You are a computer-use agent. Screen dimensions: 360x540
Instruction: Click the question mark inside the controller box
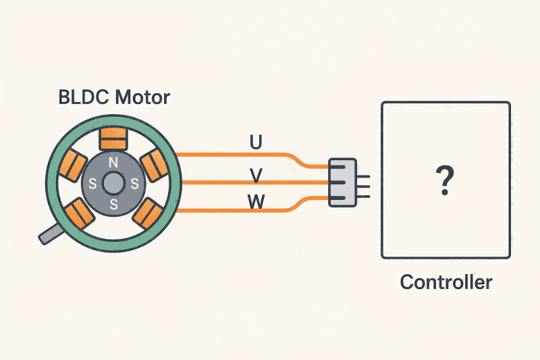tap(445, 181)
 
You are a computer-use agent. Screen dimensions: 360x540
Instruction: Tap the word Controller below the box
tap(446, 282)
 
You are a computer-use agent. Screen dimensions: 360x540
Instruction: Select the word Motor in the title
tap(141, 97)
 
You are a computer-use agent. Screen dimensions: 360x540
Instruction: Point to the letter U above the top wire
tap(256, 143)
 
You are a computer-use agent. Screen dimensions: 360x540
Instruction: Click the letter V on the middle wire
tap(256, 176)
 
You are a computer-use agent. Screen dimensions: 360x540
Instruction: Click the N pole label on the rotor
tap(113, 163)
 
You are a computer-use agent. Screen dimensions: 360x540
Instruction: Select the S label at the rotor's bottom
tap(113, 203)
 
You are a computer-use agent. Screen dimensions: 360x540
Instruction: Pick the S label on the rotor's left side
tap(93, 182)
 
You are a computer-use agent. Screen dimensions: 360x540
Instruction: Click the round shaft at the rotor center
tap(113, 182)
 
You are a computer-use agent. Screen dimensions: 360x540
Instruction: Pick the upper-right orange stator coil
tap(153, 163)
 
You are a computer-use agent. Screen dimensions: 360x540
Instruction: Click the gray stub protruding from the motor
tap(51, 233)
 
